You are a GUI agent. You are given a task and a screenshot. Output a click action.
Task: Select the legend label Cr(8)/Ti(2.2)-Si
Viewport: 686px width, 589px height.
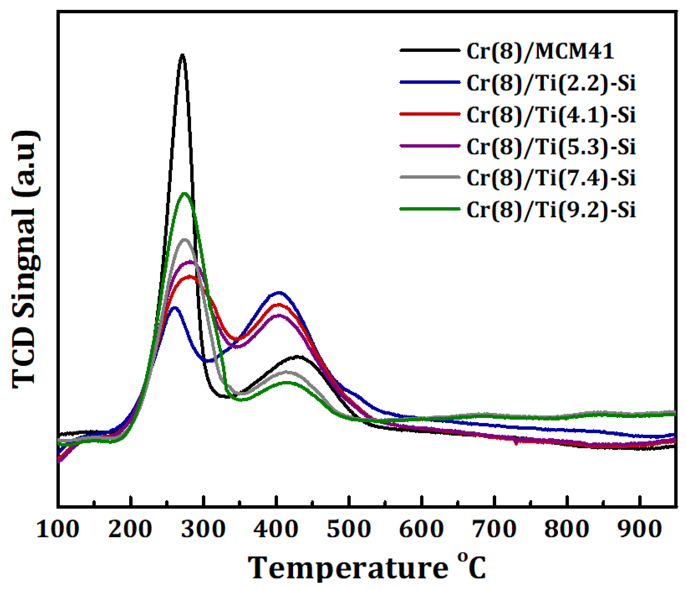(x=551, y=83)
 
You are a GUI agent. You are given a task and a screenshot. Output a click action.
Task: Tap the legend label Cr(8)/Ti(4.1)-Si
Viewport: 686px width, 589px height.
(x=551, y=115)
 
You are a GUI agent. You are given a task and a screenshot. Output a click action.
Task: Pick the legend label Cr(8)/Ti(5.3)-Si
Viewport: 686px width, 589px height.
(x=551, y=146)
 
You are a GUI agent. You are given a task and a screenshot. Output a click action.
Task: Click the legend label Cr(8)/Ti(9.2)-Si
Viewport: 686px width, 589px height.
(x=551, y=209)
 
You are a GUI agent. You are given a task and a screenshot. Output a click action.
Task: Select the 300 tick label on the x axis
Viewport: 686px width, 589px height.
(x=204, y=529)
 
